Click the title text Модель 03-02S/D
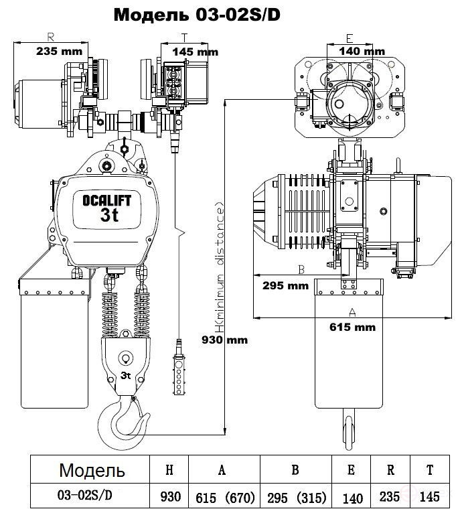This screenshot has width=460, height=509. click(197, 15)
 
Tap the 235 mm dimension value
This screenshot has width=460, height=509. click(59, 51)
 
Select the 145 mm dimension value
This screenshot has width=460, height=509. click(195, 52)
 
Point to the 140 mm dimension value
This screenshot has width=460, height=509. click(362, 51)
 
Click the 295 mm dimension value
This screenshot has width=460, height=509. click(285, 286)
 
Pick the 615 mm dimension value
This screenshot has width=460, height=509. click(353, 327)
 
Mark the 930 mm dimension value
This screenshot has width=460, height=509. click(225, 340)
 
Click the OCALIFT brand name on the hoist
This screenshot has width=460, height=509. click(107, 201)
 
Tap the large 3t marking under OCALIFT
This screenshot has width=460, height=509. click(110, 215)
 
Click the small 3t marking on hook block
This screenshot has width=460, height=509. click(125, 376)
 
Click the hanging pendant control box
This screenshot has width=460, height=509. click(178, 374)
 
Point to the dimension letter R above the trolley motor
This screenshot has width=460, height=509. click(50, 37)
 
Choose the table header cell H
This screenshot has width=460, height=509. click(169, 469)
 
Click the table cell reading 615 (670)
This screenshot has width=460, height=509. click(225, 498)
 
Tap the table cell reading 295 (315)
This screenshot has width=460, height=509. click(296, 498)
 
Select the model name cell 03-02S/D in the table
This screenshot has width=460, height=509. click(85, 495)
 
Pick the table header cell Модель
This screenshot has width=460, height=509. click(92, 470)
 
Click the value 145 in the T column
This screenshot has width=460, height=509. click(429, 497)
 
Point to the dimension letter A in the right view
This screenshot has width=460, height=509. click(352, 312)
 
